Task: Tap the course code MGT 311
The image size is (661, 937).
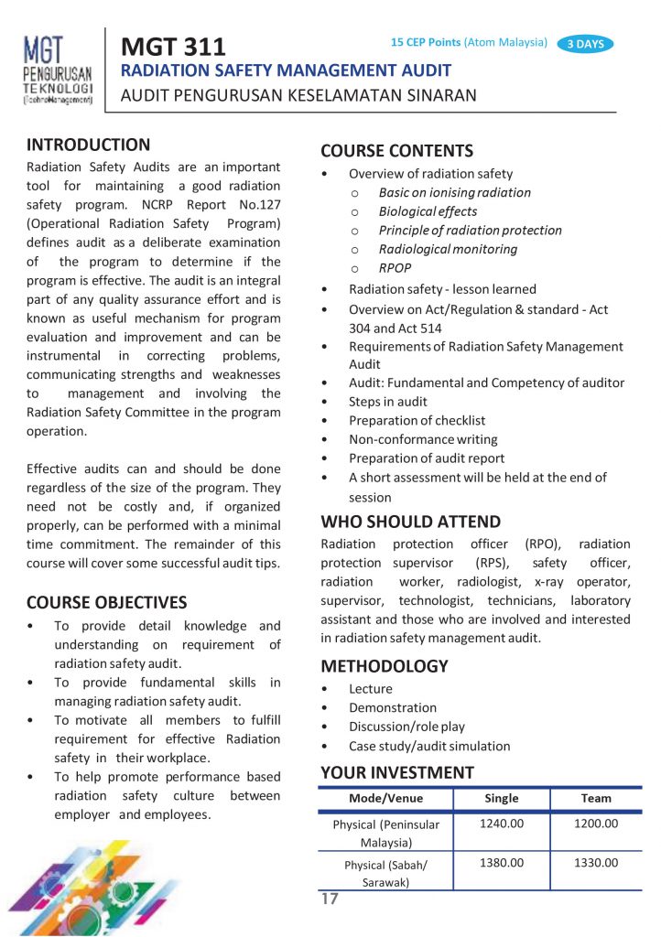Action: pos(173,45)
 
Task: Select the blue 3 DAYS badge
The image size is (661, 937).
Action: pos(585,43)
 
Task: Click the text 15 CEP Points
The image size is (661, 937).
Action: pos(425,42)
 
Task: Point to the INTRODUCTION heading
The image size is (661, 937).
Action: pos(88,145)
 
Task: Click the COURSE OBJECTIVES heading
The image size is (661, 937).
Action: pos(106,602)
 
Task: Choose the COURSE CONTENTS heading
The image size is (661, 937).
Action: pos(396,151)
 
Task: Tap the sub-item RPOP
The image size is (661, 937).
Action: pos(395,268)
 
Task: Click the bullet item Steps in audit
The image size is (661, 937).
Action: pos(387,402)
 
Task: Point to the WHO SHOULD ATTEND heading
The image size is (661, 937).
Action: pos(410,522)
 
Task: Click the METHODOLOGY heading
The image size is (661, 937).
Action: pos(385,666)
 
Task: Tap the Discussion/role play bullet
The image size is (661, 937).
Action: pos(406,727)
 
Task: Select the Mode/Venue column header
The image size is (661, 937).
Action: pos(385,798)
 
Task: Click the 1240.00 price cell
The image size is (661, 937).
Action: pos(501,824)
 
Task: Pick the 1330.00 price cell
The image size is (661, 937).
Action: pos(596,863)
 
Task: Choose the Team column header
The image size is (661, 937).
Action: pos(596,798)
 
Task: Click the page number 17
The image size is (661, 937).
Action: pos(330,899)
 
